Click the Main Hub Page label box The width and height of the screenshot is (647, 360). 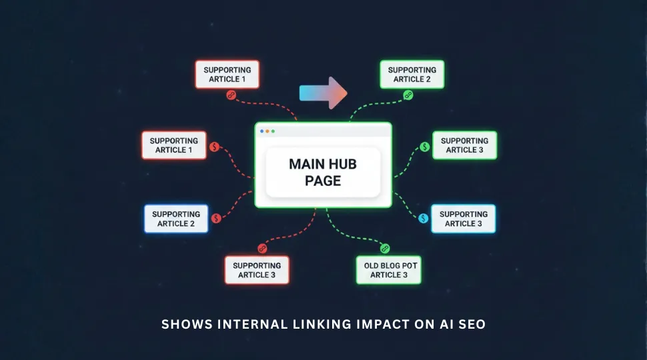point(323,172)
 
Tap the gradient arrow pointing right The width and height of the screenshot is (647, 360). point(323,93)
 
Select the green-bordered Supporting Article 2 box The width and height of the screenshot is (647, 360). point(412,74)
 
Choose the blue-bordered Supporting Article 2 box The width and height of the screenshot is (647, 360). point(176,219)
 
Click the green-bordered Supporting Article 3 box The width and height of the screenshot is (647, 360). point(464,145)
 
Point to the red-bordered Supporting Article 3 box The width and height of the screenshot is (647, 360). point(257,270)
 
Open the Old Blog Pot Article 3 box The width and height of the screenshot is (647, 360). point(388,270)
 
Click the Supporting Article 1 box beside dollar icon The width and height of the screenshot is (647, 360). point(173,145)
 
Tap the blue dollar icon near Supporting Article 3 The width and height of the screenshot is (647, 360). point(423,218)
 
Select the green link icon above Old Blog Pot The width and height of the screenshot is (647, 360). point(384,249)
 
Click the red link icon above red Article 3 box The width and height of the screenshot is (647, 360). point(262,249)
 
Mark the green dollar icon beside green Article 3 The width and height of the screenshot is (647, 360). point(424,147)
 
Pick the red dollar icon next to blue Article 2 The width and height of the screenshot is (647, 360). point(216,218)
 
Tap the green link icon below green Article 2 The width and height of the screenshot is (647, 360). point(408,95)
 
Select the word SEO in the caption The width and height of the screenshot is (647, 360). point(472,325)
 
